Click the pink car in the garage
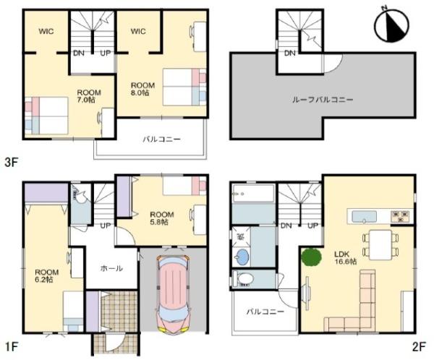[x=174, y=294]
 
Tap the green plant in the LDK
[x=311, y=257]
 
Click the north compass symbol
[x=391, y=25]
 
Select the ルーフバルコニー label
[x=323, y=99]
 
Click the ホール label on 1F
[x=111, y=268]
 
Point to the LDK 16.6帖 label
[x=346, y=257]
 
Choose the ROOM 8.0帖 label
[x=142, y=89]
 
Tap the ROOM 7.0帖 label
[x=89, y=96]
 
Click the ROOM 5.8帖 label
[x=162, y=218]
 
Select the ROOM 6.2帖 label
[x=46, y=275]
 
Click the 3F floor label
[x=12, y=162]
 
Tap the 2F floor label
[x=419, y=346]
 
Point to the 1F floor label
[x=12, y=346]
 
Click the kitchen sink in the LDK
[x=365, y=216]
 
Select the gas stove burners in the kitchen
[x=400, y=216]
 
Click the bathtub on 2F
[x=254, y=193]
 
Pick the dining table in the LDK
[x=380, y=244]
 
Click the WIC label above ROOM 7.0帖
[x=46, y=31]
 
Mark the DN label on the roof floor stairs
[x=290, y=53]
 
